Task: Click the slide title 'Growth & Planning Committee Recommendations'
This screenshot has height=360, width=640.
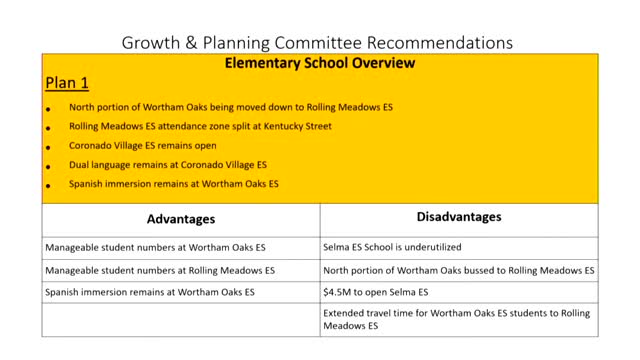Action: click(317, 43)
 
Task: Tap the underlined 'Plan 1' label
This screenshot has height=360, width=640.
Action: click(65, 82)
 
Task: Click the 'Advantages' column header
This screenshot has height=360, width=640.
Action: click(181, 218)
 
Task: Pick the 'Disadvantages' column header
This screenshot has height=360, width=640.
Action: click(458, 217)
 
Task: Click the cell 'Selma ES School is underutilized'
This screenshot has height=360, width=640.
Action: click(393, 246)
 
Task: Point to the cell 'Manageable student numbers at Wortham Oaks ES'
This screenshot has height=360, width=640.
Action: click(149, 246)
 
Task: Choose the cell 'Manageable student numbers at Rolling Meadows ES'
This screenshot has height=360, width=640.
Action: click(159, 270)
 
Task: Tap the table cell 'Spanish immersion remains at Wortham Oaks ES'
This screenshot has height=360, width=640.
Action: click(151, 292)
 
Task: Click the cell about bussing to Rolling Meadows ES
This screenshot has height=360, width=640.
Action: click(459, 270)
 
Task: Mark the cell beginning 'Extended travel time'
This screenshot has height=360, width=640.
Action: click(456, 319)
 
